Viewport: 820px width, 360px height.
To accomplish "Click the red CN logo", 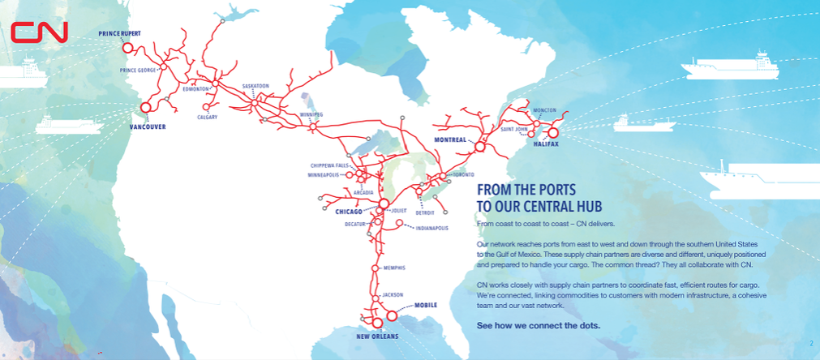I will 40,32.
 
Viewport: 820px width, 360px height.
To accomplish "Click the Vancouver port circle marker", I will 146,107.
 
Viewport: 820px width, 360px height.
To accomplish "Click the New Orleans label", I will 378,336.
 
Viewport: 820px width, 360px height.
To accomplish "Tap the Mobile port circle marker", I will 393,316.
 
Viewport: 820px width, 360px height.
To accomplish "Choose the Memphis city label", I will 391,268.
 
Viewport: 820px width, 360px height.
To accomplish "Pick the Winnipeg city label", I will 311,115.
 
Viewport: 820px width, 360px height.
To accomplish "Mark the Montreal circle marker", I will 479,148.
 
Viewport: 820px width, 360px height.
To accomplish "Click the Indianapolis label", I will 431,228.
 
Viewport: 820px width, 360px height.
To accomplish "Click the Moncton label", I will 543,110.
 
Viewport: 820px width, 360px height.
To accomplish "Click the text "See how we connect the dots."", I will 539,325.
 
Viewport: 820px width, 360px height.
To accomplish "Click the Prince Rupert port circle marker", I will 127,48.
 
